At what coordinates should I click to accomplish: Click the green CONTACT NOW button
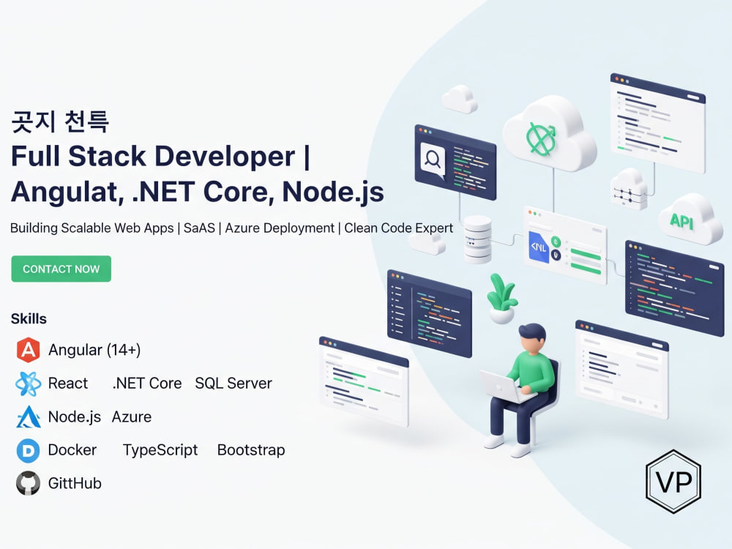pos(61,269)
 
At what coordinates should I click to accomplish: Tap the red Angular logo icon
pos(28,350)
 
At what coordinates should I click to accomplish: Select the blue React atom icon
pos(28,384)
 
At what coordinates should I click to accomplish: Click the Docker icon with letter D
pos(28,450)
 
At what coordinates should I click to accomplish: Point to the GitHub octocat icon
pos(28,483)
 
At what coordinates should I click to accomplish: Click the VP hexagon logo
pos(673,482)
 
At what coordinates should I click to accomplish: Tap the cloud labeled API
pos(690,220)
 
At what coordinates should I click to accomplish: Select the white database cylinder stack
pos(477,239)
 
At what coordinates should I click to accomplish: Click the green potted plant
pos(501,299)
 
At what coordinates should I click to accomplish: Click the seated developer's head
pos(533,338)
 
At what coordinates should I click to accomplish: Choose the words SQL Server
pos(234,384)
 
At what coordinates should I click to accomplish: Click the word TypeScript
pos(160,450)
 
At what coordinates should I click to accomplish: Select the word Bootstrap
pos(251,450)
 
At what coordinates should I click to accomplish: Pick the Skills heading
pos(29,319)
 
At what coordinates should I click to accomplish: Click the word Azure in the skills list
pos(132,417)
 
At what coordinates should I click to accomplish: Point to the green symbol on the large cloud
pos(541,138)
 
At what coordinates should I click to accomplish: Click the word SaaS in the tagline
pos(199,228)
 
